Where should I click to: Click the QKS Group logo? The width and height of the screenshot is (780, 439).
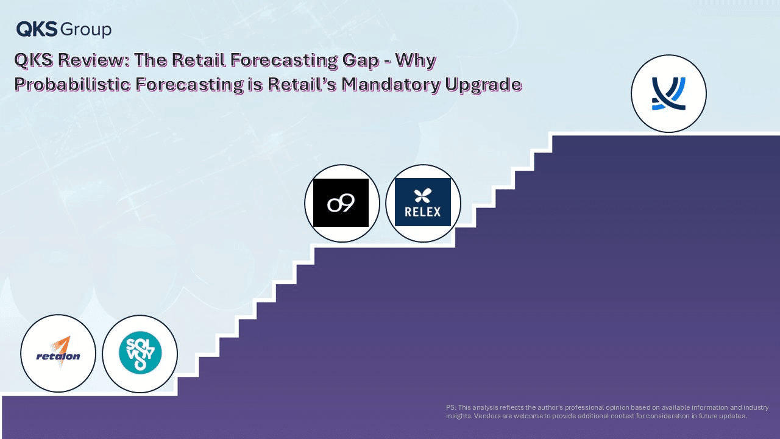coord(64,29)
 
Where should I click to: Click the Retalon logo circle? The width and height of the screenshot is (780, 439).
coord(58,353)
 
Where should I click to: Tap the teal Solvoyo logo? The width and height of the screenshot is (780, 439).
coord(140,352)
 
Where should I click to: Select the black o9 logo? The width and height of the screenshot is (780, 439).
coord(341,203)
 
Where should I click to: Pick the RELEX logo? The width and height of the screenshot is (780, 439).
coord(423,202)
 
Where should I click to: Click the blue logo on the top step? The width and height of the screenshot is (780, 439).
coord(668,93)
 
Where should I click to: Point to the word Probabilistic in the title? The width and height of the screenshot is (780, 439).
coord(73,84)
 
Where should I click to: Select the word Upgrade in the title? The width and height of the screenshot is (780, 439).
coord(483,85)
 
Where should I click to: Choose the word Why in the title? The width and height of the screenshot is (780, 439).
coord(416,60)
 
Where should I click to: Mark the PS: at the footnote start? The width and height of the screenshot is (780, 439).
coord(451,407)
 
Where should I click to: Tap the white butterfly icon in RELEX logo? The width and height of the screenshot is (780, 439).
coord(423,196)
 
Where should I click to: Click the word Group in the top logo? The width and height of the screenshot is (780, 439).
coord(86,30)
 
